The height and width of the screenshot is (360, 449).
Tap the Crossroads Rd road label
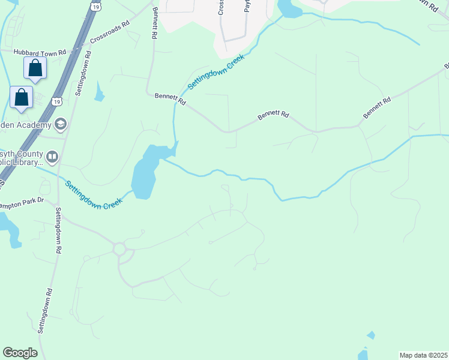(x=110, y=33)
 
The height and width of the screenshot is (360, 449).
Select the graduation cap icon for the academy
(x=60, y=124)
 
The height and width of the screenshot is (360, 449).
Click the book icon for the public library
(x=52, y=157)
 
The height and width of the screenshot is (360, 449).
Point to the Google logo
(x=20, y=352)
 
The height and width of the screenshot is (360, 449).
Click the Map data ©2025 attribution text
(x=423, y=355)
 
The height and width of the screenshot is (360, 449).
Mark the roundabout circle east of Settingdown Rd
(x=119, y=248)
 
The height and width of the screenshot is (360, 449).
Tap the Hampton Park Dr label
(x=23, y=204)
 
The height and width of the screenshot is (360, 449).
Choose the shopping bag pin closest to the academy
(x=22, y=97)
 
